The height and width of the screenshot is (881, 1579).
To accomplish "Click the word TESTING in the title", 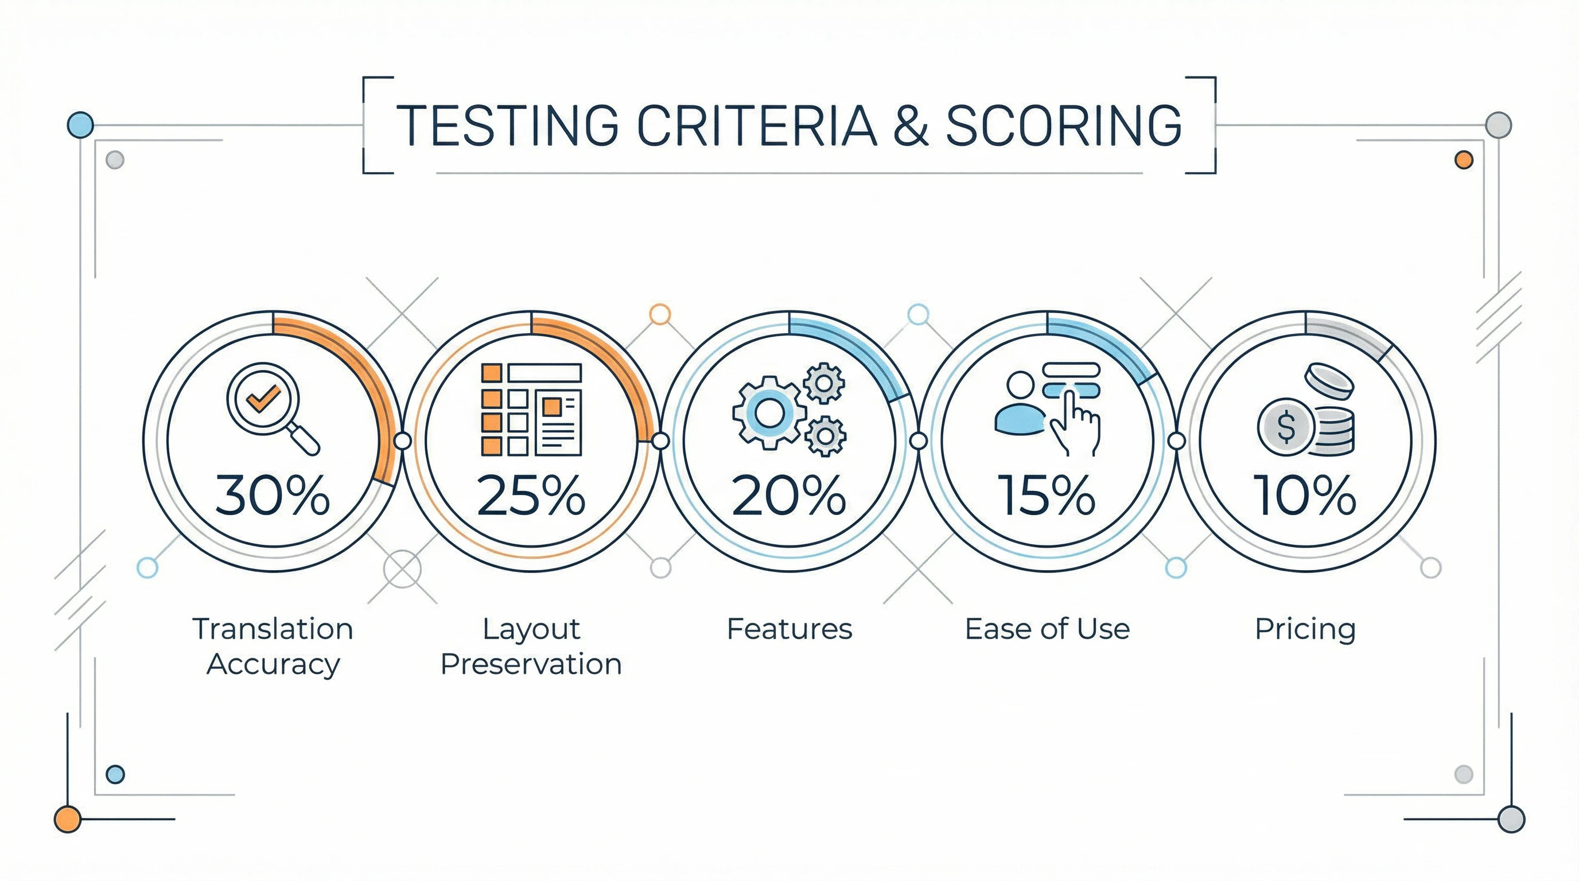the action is click(x=506, y=125).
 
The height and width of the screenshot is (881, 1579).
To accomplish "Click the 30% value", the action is click(x=273, y=494).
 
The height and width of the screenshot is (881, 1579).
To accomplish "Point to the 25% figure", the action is click(x=531, y=494).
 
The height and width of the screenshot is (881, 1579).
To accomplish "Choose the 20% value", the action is click(x=789, y=494).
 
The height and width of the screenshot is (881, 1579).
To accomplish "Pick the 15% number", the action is click(x=1047, y=494).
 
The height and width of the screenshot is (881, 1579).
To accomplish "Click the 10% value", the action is click(x=1305, y=494).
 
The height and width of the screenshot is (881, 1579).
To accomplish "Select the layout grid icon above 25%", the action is click(x=531, y=410).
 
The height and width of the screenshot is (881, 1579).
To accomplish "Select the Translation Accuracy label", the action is click(x=273, y=646).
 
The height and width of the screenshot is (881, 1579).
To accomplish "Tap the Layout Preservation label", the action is click(x=531, y=646).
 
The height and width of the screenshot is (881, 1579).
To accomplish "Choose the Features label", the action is click(x=789, y=629).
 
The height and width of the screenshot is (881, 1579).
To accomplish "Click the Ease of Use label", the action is click(x=1047, y=629).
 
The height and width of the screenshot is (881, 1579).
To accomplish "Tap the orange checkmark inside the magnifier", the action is click(x=263, y=398).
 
